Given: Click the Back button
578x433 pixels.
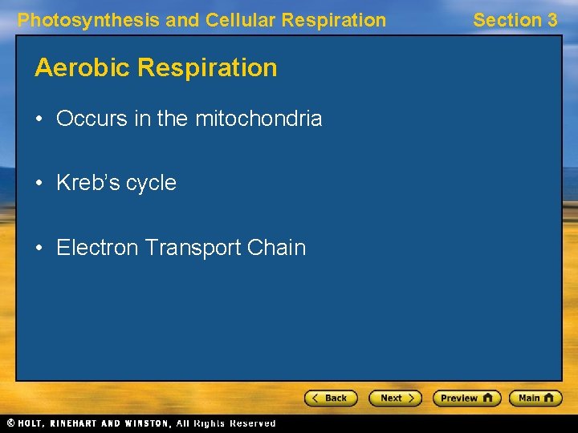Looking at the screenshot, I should [331, 398].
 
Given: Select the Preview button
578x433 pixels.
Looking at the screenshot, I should [466, 398].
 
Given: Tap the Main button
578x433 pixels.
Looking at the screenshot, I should [538, 398].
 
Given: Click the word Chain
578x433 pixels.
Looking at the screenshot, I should [277, 247].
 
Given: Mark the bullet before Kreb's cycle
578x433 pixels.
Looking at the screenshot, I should [39, 183].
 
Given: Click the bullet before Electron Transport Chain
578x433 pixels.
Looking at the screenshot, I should [39, 247].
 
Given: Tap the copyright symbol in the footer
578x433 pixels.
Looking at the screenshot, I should [10, 423].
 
